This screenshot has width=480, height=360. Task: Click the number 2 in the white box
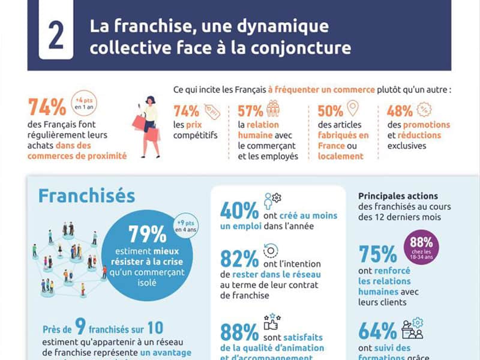point(56,37)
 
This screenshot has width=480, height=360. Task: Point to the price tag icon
point(212,110)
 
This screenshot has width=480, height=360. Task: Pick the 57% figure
point(251,111)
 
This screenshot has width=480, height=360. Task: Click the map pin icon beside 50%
point(353,108)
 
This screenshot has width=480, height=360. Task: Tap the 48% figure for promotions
point(400,111)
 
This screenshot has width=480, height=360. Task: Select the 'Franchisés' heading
point(86,196)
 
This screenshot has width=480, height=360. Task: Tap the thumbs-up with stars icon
point(272,322)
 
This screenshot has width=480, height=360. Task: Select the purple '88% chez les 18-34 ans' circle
point(424,246)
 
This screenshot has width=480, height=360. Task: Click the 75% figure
point(377,254)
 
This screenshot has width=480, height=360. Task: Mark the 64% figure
point(377,331)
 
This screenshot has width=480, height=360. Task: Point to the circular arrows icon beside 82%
point(271,251)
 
